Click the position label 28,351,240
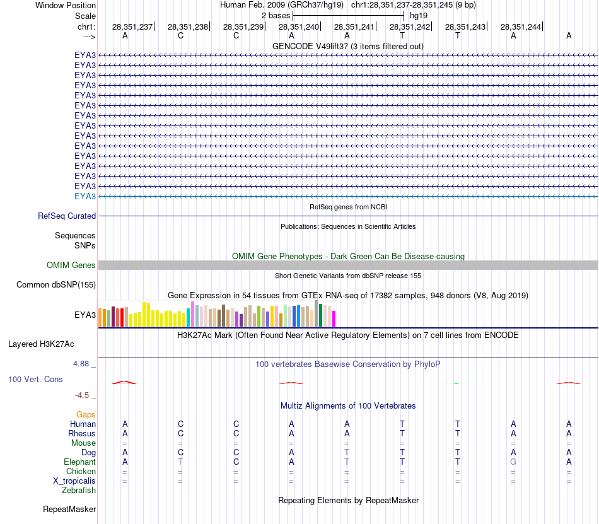coord(299,27)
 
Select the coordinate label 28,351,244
coord(521,27)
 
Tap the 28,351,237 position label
coord(132,27)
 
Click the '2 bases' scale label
coord(276,15)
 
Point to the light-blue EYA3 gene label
coord(85,197)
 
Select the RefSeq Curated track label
coord(67,216)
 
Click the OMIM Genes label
coord(71,265)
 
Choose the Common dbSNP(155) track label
coord(56,285)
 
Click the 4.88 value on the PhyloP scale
coord(81,364)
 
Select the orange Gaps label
coord(86,415)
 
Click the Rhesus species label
coord(82,434)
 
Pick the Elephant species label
coord(80,462)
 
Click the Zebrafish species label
coord(79,491)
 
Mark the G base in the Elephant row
coord(513,462)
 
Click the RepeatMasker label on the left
coord(69,509)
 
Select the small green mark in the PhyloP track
coord(456,383)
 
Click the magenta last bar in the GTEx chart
coord(334,318)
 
